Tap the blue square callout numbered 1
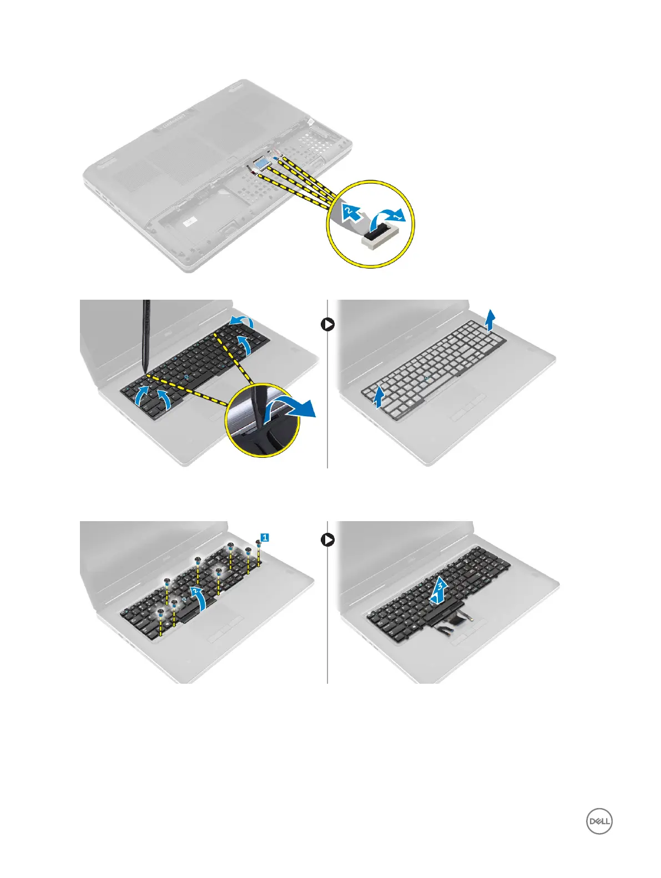pyautogui.click(x=265, y=537)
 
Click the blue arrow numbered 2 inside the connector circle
pyautogui.click(x=350, y=211)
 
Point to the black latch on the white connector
pyautogui.click(x=379, y=228)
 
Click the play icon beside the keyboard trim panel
pyautogui.click(x=327, y=325)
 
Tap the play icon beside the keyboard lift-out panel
pyautogui.click(x=327, y=539)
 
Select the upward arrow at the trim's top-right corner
pyautogui.click(x=490, y=320)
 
